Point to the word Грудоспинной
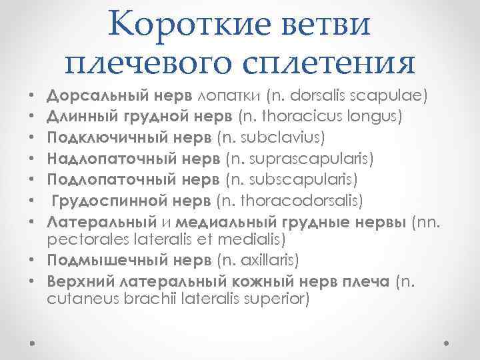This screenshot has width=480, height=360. coord(102,200)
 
